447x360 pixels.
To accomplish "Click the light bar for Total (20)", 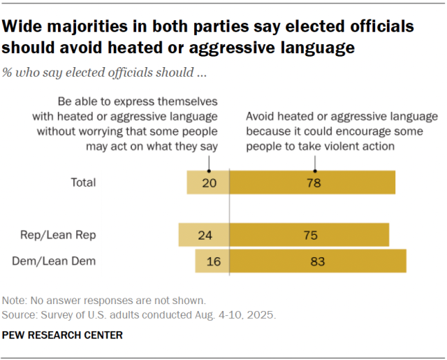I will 207,182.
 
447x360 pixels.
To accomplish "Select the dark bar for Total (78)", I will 312,182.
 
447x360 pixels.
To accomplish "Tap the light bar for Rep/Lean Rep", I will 204,235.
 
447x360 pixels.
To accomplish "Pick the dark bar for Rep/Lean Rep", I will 309,235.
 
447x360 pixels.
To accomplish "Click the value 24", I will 205,235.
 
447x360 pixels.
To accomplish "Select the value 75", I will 310,235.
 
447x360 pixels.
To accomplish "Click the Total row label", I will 83,182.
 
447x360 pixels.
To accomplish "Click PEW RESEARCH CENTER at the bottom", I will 63,336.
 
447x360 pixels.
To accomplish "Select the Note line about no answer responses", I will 104,300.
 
